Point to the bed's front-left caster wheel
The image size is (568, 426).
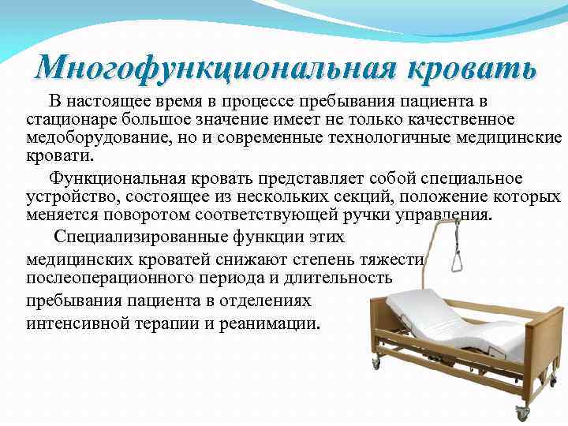click(x=376, y=364)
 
